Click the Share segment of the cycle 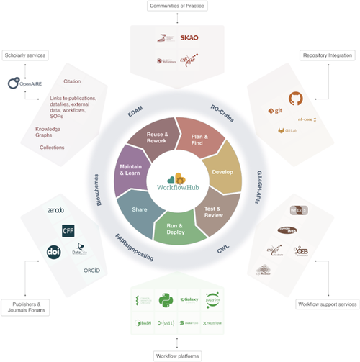(140, 209)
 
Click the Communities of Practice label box (176, 6)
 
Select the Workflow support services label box (327, 304)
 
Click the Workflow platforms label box (176, 355)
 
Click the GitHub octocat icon (295, 99)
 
